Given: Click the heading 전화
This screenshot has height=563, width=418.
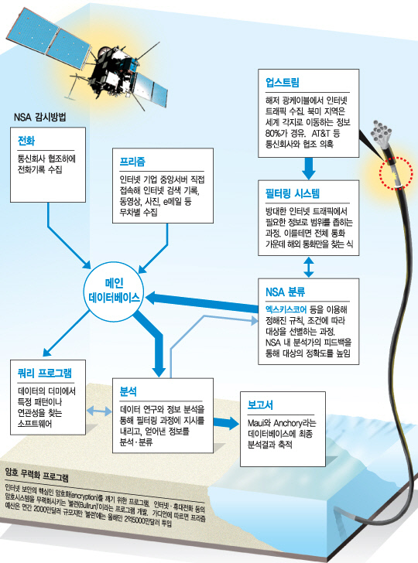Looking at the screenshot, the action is click(x=26, y=141).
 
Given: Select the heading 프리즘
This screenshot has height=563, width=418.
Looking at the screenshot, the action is click(x=132, y=162).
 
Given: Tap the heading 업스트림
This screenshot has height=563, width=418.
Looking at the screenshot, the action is click(x=282, y=83).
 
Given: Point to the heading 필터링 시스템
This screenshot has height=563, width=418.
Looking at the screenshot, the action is click(x=292, y=193).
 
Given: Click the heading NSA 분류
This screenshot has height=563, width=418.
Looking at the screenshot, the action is click(x=286, y=292).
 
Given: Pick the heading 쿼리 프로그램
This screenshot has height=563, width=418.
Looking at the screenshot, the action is click(x=45, y=374).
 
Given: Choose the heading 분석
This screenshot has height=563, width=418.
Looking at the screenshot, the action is click(x=128, y=391).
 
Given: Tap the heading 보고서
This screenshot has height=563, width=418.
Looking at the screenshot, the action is click(x=260, y=405).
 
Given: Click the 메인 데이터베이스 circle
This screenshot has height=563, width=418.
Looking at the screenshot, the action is click(x=114, y=291).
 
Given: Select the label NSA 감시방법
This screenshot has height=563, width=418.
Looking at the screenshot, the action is click(x=40, y=118).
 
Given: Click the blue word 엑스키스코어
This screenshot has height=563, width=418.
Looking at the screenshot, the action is click(x=286, y=309).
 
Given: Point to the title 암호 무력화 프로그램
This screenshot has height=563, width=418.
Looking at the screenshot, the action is click(x=36, y=475).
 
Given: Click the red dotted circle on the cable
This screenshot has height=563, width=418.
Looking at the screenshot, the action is click(x=396, y=172).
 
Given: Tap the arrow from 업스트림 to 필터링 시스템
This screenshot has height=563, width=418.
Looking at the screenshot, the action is click(x=308, y=168).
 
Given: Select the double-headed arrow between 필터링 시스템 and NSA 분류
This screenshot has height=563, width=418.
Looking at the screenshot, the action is click(x=308, y=267).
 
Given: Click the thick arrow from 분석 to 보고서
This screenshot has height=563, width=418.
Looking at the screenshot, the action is click(x=226, y=423).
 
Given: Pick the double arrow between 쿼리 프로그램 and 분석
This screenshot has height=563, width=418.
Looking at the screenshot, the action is click(x=99, y=411).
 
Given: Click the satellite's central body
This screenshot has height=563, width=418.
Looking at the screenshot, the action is click(x=111, y=70).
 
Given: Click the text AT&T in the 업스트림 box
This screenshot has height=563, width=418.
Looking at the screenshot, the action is click(x=320, y=133).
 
